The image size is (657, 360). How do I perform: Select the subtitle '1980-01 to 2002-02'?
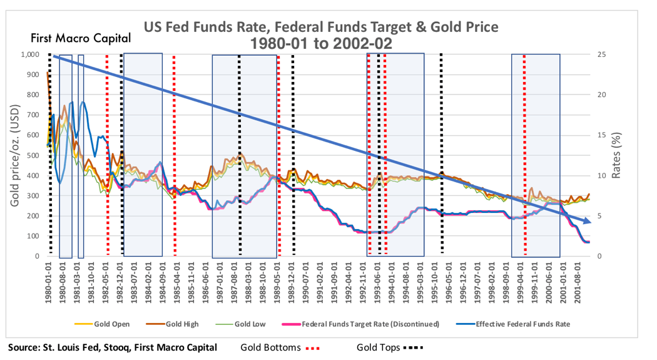point(321,44)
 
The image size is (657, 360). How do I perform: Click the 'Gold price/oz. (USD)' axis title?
point(14,155)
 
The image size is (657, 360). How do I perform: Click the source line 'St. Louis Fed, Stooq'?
point(113,347)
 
